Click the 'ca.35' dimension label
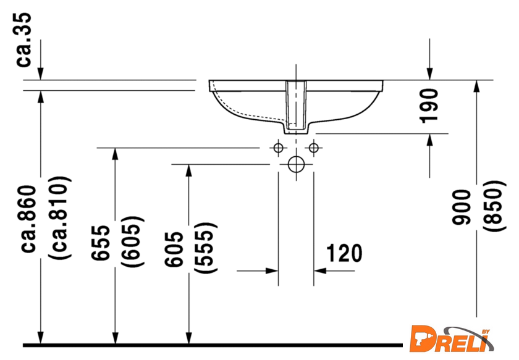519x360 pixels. (24, 40)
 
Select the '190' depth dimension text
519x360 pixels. (429, 106)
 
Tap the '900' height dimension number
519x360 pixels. (462, 207)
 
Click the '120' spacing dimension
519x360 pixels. (344, 253)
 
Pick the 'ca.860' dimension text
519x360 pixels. (28, 219)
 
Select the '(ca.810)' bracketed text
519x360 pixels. (59, 218)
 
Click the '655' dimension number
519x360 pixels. (101, 243)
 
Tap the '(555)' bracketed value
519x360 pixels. (206, 248)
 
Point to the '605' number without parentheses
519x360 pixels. (174, 249)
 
